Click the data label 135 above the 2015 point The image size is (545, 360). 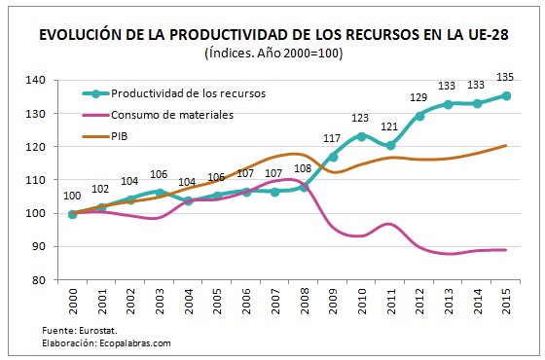click(507, 79)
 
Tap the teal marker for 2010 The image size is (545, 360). click(361, 136)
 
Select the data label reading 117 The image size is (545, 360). click(333, 139)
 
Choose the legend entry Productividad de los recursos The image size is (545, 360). click(185, 93)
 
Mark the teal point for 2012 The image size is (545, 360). click(419, 116)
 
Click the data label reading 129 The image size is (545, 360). click(419, 98)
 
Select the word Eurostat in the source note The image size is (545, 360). click(91, 330)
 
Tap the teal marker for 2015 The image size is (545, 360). click(507, 95)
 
